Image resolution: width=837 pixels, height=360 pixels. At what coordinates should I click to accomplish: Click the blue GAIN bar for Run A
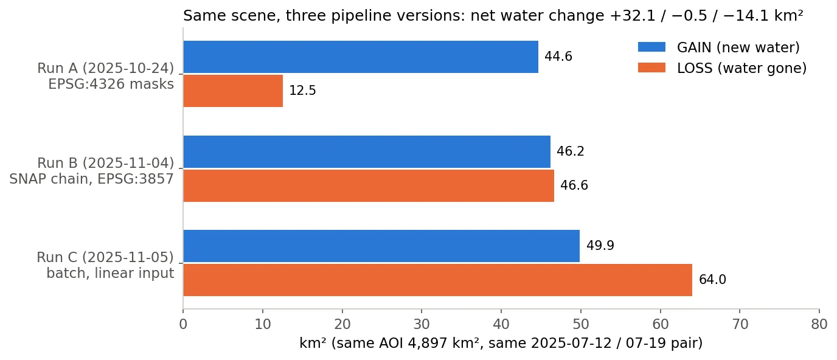(361, 57)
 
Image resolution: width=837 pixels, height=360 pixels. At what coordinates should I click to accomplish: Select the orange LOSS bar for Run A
(233, 91)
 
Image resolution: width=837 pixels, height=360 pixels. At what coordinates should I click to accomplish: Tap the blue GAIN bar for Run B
(367, 151)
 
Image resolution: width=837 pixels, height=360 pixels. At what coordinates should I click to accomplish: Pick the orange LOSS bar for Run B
(369, 185)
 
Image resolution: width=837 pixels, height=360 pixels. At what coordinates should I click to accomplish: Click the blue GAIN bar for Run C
(381, 246)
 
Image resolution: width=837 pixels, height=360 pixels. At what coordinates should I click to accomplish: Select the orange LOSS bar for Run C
(437, 280)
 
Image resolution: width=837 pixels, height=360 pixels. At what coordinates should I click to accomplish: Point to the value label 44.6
(558, 57)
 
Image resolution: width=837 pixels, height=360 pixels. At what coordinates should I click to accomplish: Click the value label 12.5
(303, 91)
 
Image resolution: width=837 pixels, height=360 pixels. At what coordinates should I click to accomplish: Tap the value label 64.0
(712, 280)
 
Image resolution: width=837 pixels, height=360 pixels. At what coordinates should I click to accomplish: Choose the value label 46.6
(574, 185)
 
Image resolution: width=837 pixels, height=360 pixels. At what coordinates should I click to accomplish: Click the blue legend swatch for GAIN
(651, 47)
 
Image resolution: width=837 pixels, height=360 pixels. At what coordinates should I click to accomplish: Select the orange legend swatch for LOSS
(651, 67)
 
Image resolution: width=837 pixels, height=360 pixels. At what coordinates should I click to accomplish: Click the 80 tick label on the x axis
(819, 324)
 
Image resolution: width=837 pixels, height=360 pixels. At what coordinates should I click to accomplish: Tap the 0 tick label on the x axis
(183, 324)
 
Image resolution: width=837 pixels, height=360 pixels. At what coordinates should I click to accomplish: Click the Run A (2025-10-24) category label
(105, 68)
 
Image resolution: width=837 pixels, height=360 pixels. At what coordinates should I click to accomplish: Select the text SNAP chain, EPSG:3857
(91, 179)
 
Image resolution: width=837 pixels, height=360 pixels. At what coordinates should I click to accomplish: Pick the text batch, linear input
(110, 274)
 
